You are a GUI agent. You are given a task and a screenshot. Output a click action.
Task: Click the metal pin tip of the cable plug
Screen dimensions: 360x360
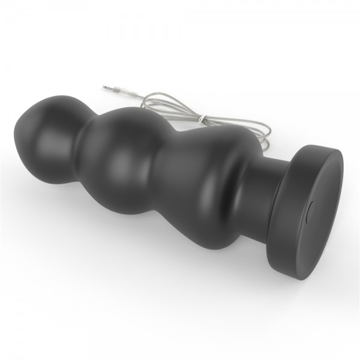[106, 85]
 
